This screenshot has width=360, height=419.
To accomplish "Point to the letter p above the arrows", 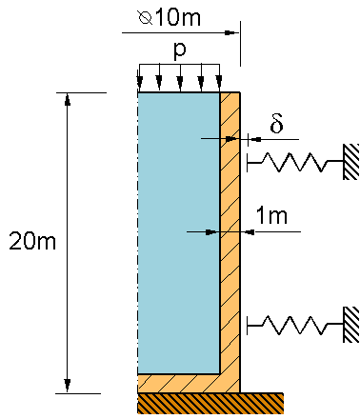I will point(179,47).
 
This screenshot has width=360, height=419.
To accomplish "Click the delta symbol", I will point(276,124).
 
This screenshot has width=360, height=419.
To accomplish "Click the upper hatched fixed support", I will point(351,162).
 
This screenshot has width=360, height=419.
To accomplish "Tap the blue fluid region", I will point(179,229).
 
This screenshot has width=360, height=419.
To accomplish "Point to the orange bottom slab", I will point(186,382).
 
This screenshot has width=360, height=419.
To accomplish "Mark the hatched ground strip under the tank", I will point(210,403).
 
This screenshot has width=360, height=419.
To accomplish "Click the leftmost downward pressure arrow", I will point(139,76).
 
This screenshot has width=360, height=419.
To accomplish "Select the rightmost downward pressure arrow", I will point(219,76).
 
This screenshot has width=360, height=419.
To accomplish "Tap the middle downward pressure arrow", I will point(179,76).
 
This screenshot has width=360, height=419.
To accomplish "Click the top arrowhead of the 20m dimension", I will point(67,99).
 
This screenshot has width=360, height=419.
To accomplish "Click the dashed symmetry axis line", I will point(139,238).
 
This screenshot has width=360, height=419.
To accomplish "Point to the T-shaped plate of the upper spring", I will point(248,163).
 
